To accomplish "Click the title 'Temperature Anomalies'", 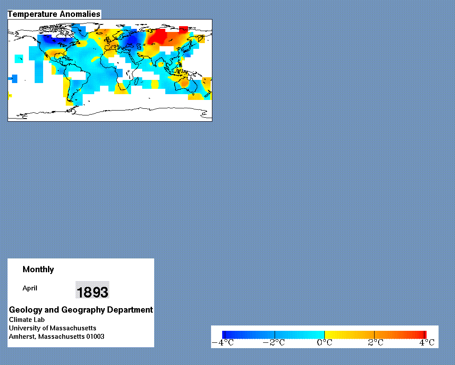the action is click(x=54, y=14).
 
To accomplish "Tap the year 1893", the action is click(x=92, y=292).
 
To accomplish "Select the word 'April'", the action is click(x=30, y=288).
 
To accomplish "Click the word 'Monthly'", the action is click(x=38, y=270).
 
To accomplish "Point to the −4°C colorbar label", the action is click(x=223, y=343).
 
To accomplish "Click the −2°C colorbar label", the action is click(x=274, y=343).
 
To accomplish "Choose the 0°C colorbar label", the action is click(x=324, y=343).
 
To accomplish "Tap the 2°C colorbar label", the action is click(x=375, y=343).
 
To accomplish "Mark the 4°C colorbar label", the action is click(x=427, y=343).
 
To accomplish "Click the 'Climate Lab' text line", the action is click(x=27, y=319).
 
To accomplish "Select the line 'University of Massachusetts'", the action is click(x=52, y=328).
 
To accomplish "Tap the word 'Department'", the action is click(x=130, y=309).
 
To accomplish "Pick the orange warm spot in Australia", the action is click(x=184, y=83).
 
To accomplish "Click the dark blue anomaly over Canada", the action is click(x=54, y=39).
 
